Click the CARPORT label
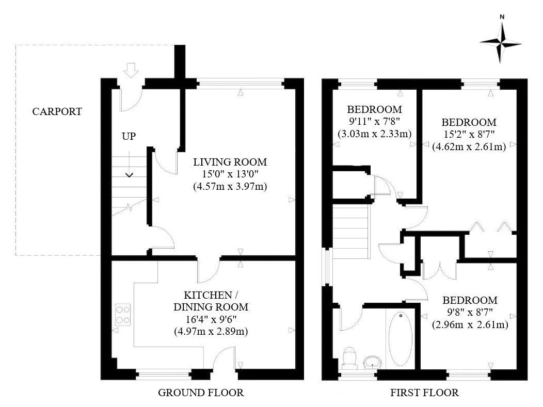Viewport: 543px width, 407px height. [57, 111]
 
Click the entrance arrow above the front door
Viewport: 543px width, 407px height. [132, 70]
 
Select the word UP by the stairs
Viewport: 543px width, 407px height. [129, 137]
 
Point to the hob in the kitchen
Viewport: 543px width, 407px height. [123, 315]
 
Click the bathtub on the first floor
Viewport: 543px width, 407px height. [400, 338]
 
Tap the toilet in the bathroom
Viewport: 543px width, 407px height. [350, 356]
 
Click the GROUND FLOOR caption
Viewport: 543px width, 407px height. [200, 393]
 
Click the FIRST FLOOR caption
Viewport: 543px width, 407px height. [424, 393]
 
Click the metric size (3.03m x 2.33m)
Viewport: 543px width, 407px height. [374, 134]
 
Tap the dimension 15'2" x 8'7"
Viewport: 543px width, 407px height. [469, 135]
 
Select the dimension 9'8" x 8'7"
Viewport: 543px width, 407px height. [470, 313]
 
